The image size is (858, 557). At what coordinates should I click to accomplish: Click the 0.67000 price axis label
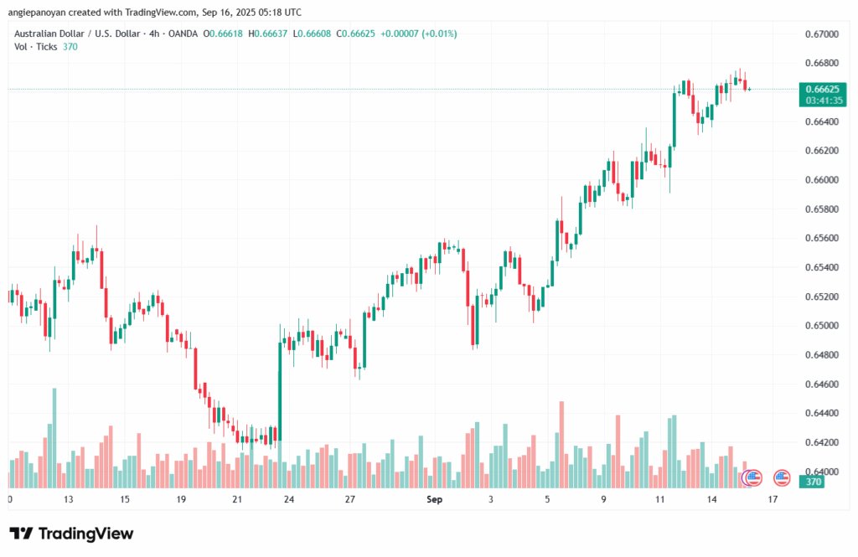click(x=820, y=34)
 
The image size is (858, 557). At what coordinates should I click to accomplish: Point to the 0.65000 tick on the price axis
click(x=820, y=326)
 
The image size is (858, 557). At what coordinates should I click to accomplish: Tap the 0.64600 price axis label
click(x=820, y=384)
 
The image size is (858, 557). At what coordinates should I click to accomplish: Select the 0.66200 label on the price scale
click(x=820, y=151)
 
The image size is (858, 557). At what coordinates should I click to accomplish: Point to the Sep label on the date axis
click(x=433, y=499)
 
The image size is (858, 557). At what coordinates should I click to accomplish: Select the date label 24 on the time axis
click(x=288, y=499)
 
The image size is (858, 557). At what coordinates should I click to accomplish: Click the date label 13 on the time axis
click(x=68, y=499)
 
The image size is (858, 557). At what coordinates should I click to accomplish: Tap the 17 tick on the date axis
click(x=773, y=499)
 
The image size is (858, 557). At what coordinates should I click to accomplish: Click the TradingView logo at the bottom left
click(x=70, y=534)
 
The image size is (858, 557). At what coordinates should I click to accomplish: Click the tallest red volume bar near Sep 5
click(x=561, y=445)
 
